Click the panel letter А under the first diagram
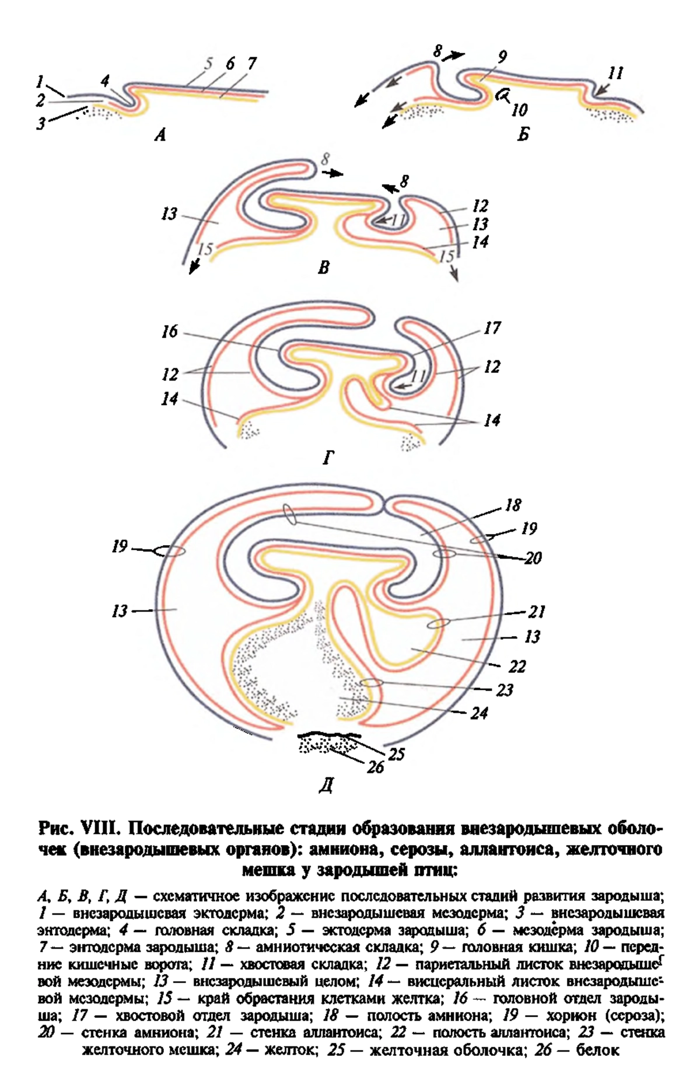click(x=160, y=135)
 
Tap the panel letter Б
click(x=523, y=135)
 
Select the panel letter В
click(x=324, y=267)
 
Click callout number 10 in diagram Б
click(x=519, y=109)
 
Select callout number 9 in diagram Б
click(x=502, y=57)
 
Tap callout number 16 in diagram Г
click(x=169, y=332)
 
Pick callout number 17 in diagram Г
click(x=492, y=328)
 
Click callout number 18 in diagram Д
click(x=513, y=505)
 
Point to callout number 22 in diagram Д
click(x=517, y=666)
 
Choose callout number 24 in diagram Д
click(x=479, y=713)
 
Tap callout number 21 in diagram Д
click(x=537, y=612)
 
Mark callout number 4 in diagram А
click(x=105, y=81)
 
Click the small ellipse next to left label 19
click(x=169, y=550)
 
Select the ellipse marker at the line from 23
click(x=371, y=683)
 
